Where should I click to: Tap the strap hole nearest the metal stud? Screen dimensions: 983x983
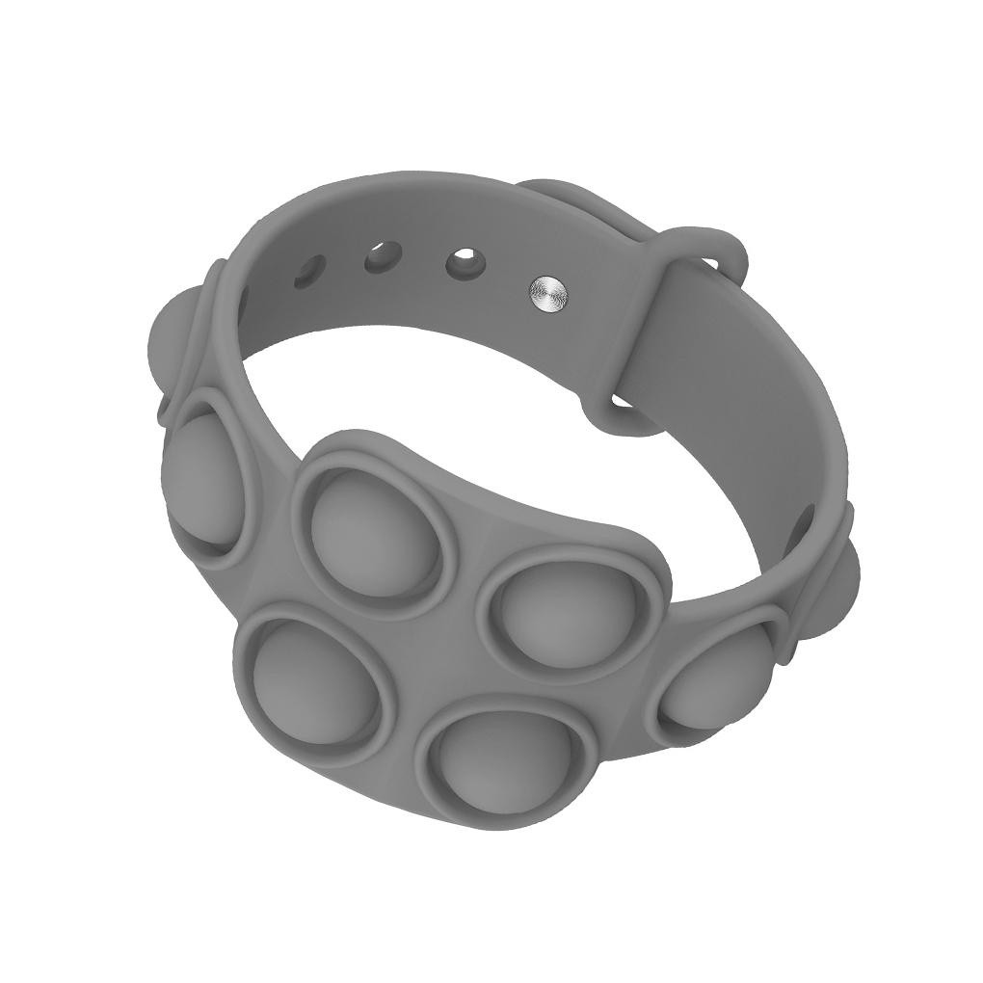tap(465, 262)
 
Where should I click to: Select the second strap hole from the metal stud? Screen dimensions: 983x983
tap(382, 257)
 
